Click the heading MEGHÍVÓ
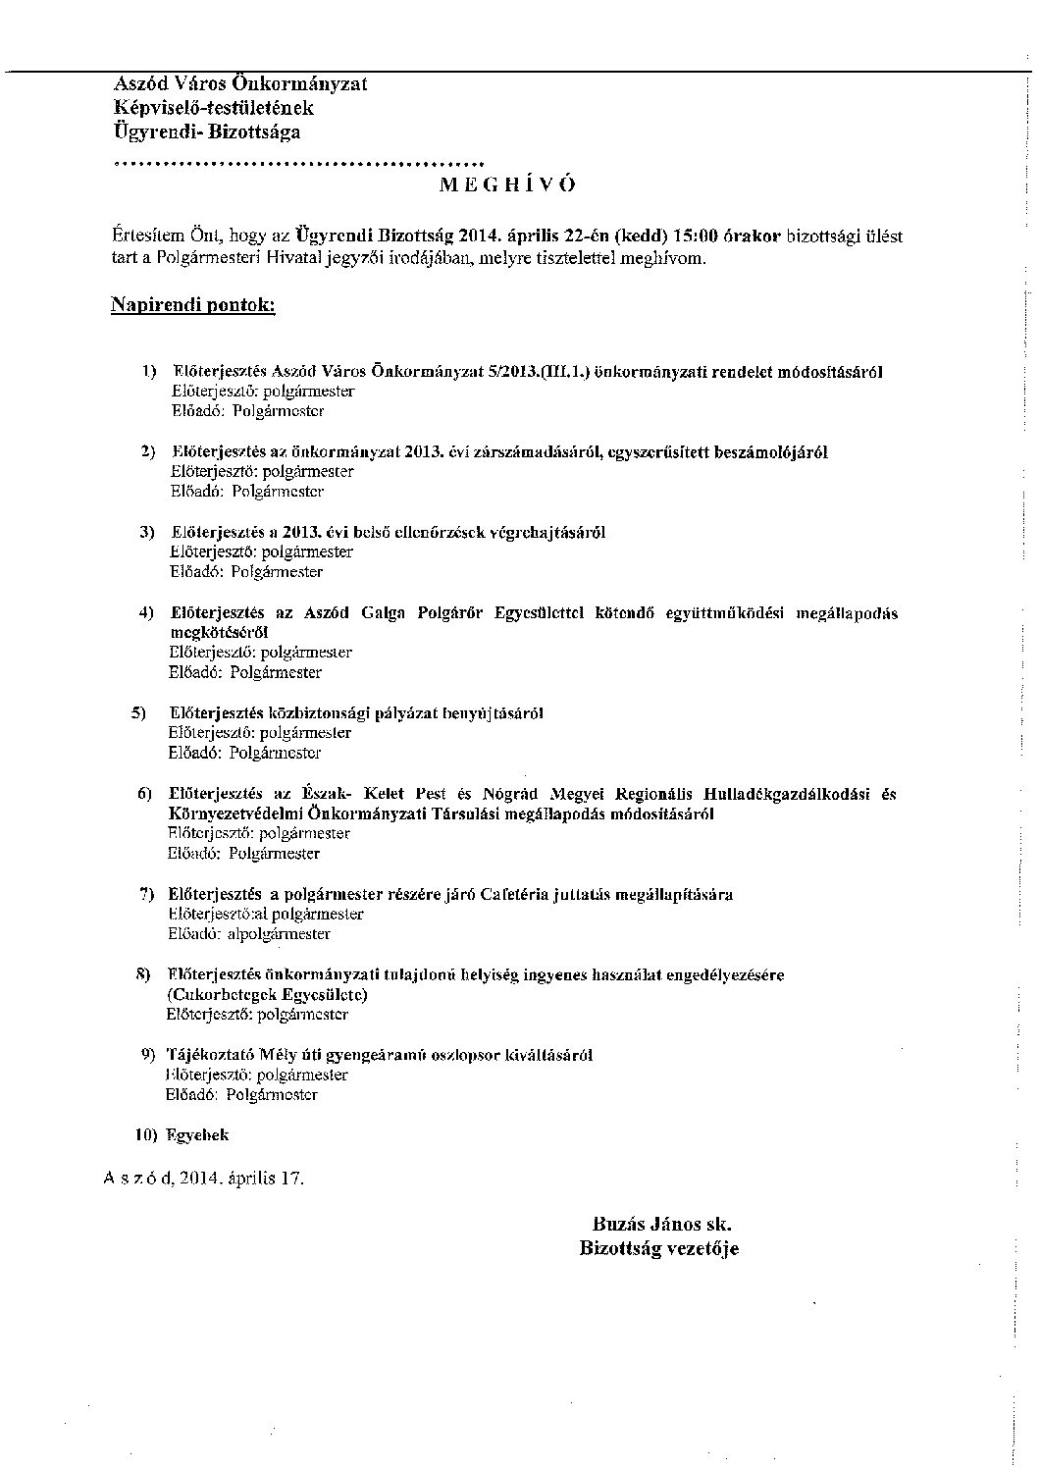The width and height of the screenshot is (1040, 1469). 507,185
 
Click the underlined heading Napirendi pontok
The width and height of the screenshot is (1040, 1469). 192,305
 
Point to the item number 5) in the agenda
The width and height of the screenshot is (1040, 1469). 138,712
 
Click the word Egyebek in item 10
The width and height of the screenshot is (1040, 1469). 198,1135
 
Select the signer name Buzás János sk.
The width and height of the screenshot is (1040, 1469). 662,1225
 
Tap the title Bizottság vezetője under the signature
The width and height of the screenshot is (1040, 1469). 658,1248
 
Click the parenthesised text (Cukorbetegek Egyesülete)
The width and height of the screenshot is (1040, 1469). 268,995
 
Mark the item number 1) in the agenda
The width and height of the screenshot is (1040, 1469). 149,372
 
